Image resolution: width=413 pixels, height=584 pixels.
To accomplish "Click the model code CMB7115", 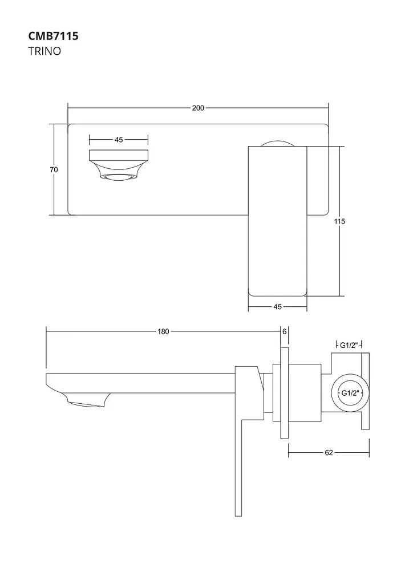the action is [x=53, y=36].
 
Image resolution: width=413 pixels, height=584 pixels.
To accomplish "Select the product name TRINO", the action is [x=44, y=51].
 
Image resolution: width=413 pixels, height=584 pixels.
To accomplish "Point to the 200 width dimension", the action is [x=198, y=108].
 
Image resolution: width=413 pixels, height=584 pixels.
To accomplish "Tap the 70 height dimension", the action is [x=54, y=170].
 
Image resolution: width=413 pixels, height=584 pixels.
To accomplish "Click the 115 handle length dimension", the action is [x=339, y=221].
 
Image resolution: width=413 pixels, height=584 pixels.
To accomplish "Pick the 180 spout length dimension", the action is [x=163, y=331].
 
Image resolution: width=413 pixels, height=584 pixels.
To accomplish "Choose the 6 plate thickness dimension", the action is [x=285, y=331].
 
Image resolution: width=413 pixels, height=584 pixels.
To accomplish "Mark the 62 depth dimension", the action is [x=329, y=452].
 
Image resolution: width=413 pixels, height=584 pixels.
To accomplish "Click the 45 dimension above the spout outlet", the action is [x=119, y=140].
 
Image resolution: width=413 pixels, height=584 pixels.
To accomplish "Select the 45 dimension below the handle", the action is [x=277, y=307].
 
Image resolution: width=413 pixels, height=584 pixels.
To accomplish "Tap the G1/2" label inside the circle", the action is [x=350, y=393].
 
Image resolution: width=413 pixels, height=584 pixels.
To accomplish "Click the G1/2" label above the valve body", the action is [x=349, y=345].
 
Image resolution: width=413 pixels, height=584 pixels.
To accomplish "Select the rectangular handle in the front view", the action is [x=277, y=221].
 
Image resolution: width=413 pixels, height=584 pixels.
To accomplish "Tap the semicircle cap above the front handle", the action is [x=277, y=143].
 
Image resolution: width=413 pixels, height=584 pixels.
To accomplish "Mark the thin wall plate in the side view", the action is [x=285, y=392].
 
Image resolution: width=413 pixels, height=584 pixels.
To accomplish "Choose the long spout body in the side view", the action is [x=141, y=383].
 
